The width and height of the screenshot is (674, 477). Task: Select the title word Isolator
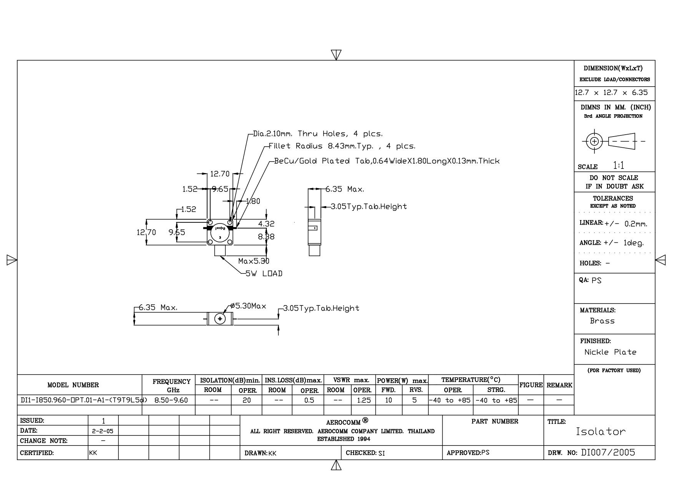pyautogui.click(x=601, y=432)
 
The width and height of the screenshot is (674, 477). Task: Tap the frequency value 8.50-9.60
pyautogui.click(x=171, y=400)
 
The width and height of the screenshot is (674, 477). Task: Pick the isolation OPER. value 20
pyautogui.click(x=246, y=400)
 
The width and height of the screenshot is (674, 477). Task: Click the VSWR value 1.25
pyautogui.click(x=364, y=400)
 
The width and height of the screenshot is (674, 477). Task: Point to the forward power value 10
pyautogui.click(x=388, y=400)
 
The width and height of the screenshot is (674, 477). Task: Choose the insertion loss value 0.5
pyautogui.click(x=309, y=400)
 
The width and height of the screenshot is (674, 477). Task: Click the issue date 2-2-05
pyautogui.click(x=103, y=431)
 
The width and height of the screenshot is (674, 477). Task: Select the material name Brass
pyautogui.click(x=602, y=321)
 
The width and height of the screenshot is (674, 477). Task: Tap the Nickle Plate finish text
pyautogui.click(x=610, y=352)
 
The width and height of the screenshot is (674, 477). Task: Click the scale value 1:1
pyautogui.click(x=619, y=166)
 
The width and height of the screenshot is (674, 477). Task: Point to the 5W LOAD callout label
pyautogui.click(x=264, y=274)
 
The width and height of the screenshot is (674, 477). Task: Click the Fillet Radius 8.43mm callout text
pyautogui.click(x=342, y=146)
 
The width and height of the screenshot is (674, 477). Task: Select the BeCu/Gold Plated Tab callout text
pyautogui.click(x=387, y=161)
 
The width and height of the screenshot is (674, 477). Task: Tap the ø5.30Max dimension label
pyautogui.click(x=248, y=306)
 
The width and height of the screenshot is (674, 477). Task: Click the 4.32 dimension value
pyautogui.click(x=266, y=224)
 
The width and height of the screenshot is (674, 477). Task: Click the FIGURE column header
pyautogui.click(x=531, y=385)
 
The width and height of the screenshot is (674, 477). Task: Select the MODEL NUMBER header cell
pyautogui.click(x=73, y=385)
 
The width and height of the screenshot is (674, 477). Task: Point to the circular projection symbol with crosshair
pyautogui.click(x=594, y=141)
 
